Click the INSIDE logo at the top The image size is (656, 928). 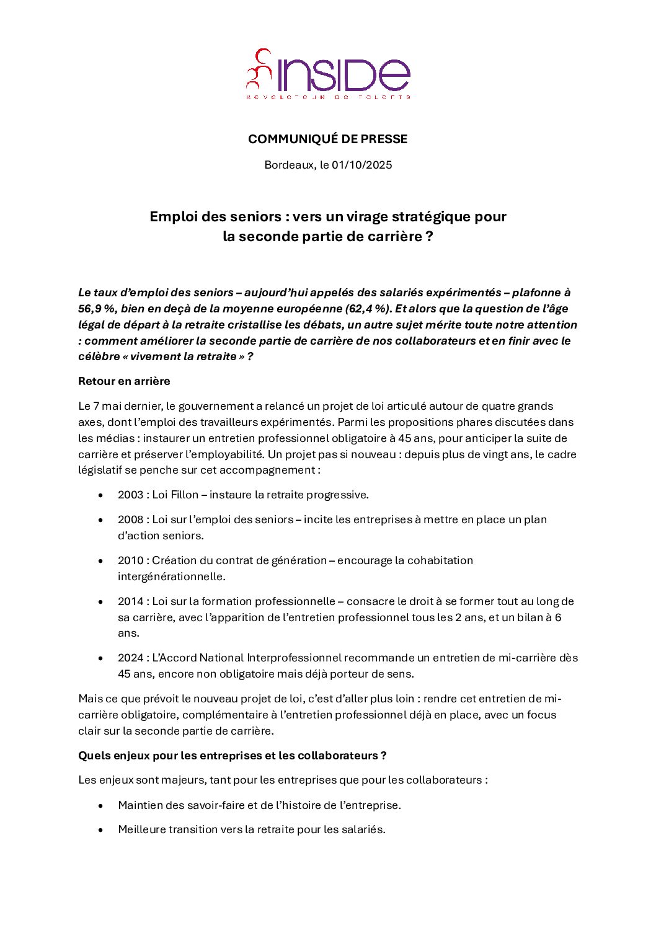(328, 74)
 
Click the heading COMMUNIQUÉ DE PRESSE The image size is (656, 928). (327, 139)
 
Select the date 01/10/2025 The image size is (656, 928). (362, 165)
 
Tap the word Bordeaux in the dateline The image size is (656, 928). (289, 165)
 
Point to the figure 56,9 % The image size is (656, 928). (96, 309)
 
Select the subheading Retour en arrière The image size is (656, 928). (124, 381)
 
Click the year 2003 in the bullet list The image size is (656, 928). (130, 495)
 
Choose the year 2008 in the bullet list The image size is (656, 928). (130, 519)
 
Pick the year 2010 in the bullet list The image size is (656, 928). (130, 560)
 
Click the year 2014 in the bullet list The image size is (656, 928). (130, 601)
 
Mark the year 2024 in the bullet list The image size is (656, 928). (130, 658)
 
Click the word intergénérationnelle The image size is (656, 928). (171, 577)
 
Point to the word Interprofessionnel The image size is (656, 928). (295, 658)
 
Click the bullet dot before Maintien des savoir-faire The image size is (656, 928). (100, 805)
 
